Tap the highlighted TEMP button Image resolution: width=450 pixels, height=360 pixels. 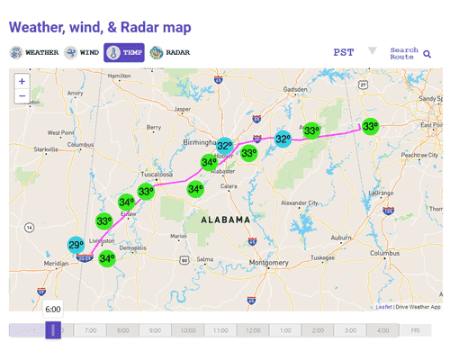pyautogui.click(x=124, y=52)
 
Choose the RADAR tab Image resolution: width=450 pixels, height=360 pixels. pyautogui.click(x=170, y=52)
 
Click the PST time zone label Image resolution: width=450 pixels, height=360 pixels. pyautogui.click(x=344, y=52)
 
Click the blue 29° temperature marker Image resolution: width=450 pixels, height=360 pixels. pyautogui.click(x=76, y=245)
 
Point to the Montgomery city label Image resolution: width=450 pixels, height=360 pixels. pyautogui.click(x=268, y=263)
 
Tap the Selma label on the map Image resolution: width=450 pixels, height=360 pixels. pyautogui.click(x=206, y=259)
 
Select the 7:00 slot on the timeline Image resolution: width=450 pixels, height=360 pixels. pyautogui.click(x=90, y=330)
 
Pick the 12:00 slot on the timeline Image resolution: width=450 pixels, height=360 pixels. pyautogui.click(x=254, y=330)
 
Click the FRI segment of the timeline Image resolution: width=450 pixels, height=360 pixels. pyautogui.click(x=415, y=330)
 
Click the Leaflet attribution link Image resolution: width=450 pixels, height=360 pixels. pyautogui.click(x=383, y=307)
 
